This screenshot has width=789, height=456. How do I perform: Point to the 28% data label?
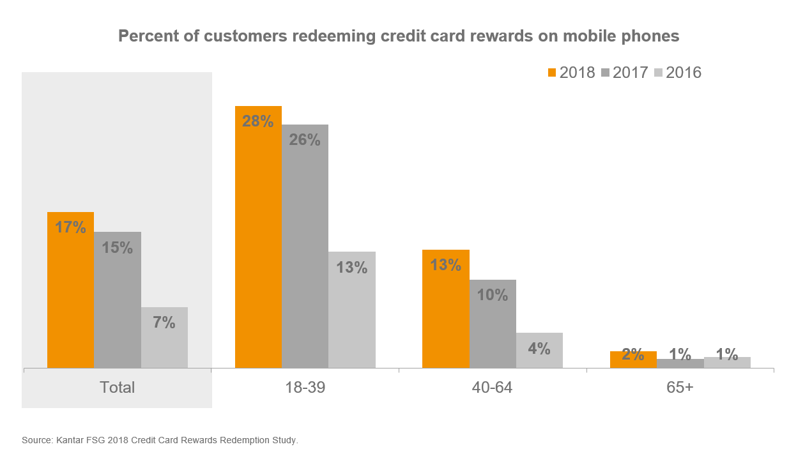(258, 121)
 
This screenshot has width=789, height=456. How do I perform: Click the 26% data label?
(305, 139)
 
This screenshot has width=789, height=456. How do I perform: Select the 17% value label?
(70, 227)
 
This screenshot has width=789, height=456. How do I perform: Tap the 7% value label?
(164, 323)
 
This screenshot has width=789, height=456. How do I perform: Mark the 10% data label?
(493, 295)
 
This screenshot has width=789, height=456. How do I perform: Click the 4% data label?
(539, 348)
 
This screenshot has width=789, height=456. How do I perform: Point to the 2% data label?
(633, 354)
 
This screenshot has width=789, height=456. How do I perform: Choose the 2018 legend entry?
(572, 73)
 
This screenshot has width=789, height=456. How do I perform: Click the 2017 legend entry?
(625, 73)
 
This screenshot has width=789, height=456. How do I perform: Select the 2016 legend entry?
(678, 73)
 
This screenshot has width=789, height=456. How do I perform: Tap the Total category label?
(117, 387)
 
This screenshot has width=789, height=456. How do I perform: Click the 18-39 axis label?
(305, 388)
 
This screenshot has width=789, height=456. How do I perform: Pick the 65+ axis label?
(680, 388)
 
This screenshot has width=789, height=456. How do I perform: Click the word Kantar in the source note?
(70, 440)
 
